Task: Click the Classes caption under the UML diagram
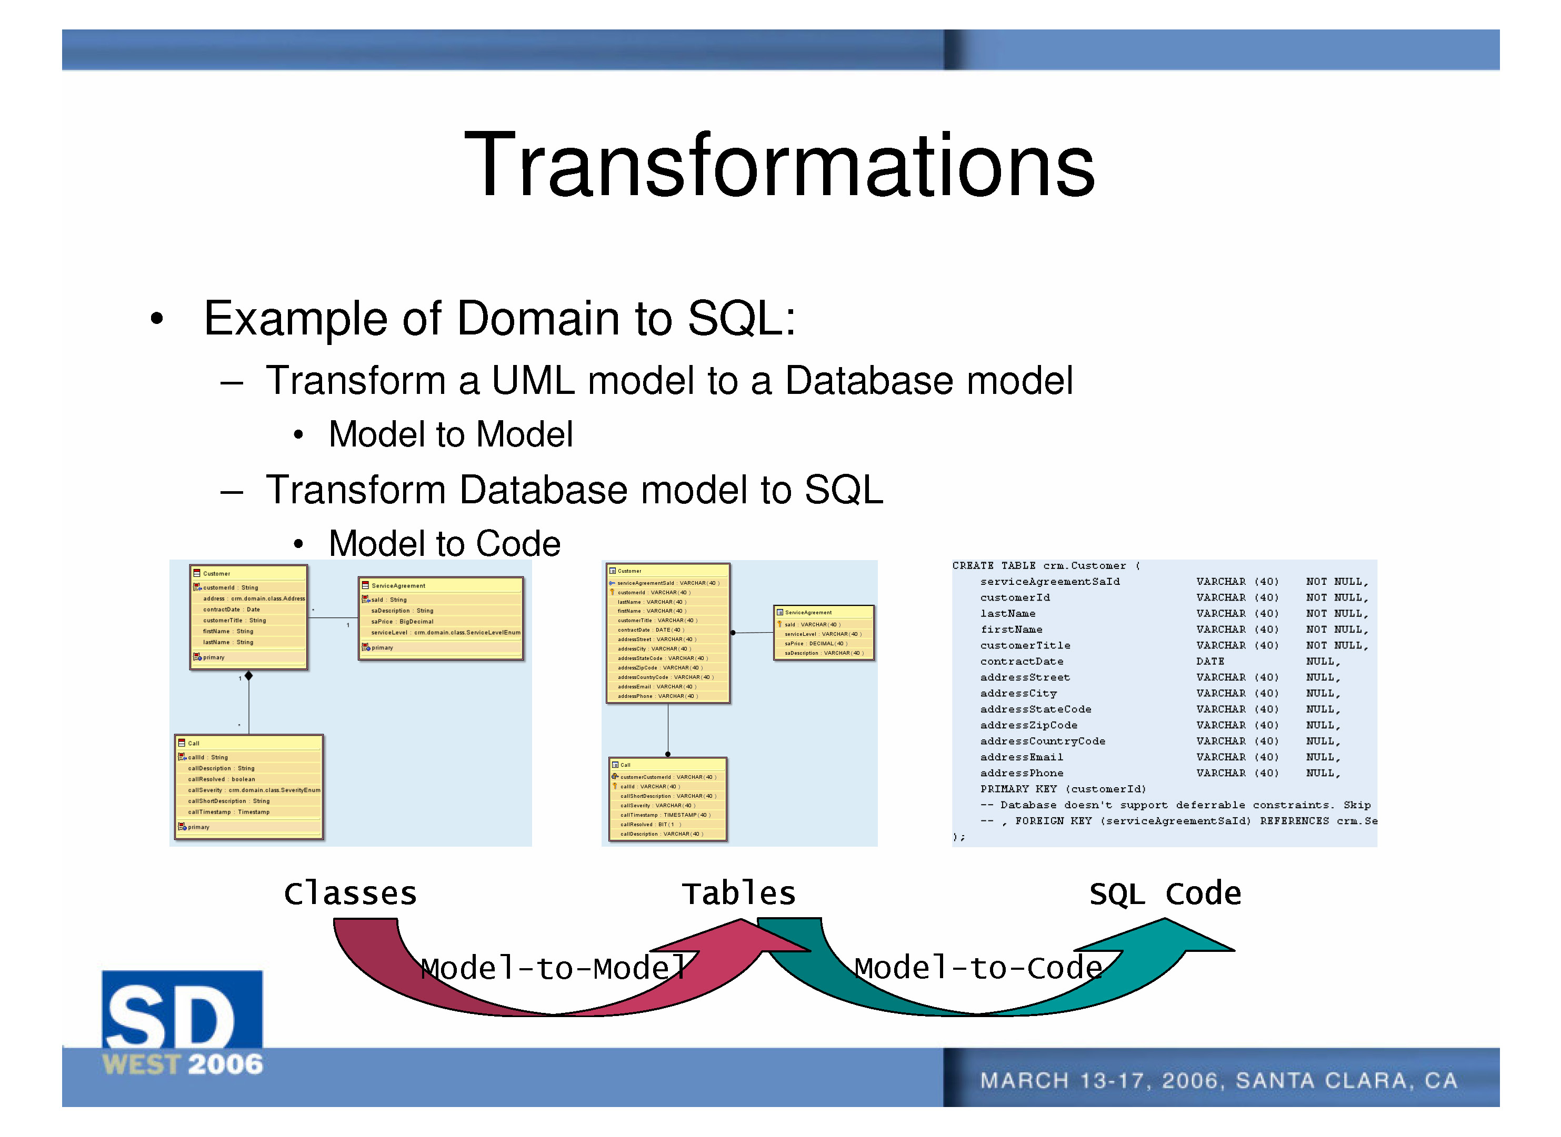(350, 894)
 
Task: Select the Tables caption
(738, 894)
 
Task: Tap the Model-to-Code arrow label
(978, 968)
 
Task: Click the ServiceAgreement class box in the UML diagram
(441, 618)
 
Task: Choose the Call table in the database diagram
(667, 799)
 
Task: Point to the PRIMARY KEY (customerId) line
(1063, 789)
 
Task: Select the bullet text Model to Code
(444, 544)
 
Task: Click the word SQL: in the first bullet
(741, 319)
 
